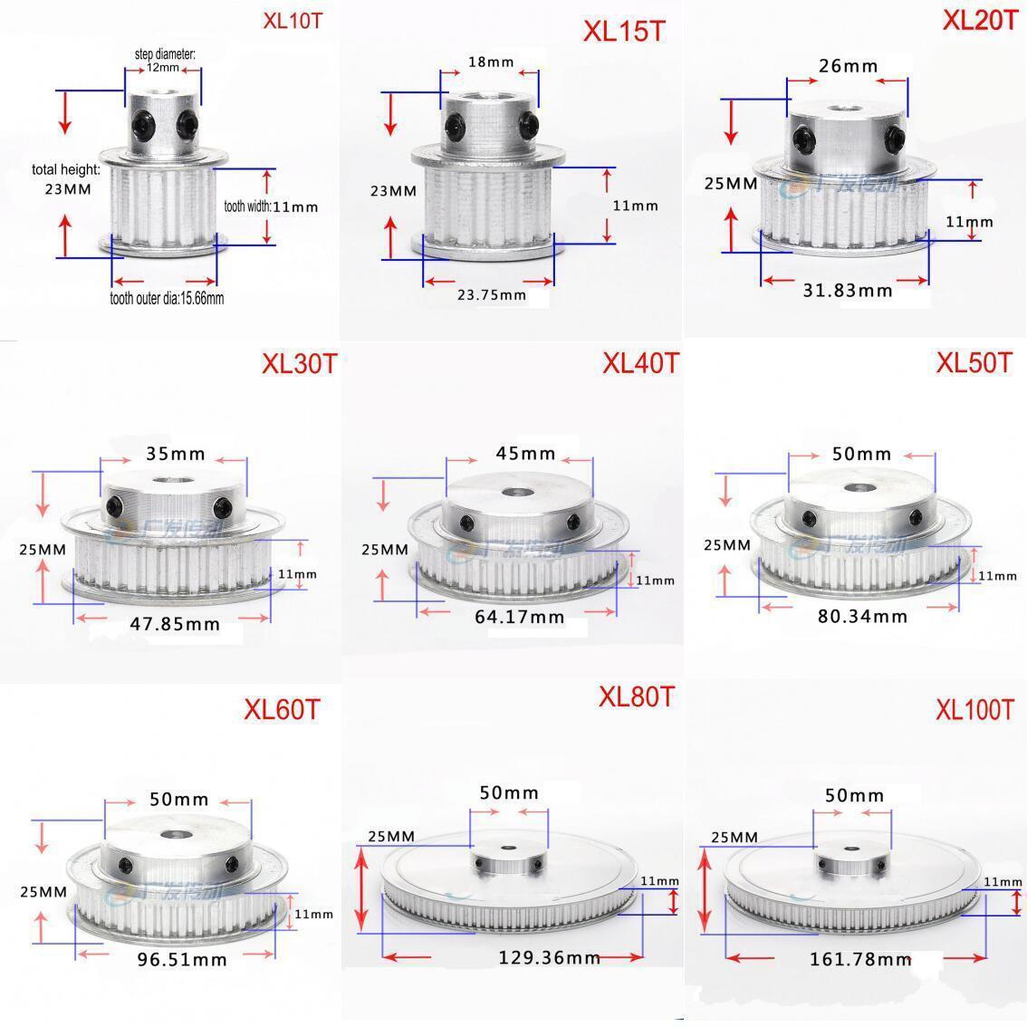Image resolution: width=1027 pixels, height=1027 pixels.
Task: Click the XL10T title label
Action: (x=292, y=21)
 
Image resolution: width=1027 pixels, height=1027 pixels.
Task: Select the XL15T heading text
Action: (x=623, y=31)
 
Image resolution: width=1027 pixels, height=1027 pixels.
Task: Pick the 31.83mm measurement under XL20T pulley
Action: (x=848, y=290)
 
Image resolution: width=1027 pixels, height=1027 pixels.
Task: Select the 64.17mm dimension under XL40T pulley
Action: (x=519, y=617)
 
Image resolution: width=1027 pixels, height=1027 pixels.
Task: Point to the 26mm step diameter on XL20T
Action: (x=848, y=65)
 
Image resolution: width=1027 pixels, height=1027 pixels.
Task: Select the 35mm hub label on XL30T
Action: (x=175, y=453)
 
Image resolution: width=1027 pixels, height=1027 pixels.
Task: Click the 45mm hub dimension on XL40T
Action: (x=520, y=453)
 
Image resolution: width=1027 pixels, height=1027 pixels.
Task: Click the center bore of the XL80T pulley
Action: (x=507, y=850)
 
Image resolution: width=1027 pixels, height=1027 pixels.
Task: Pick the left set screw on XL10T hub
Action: (x=143, y=120)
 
